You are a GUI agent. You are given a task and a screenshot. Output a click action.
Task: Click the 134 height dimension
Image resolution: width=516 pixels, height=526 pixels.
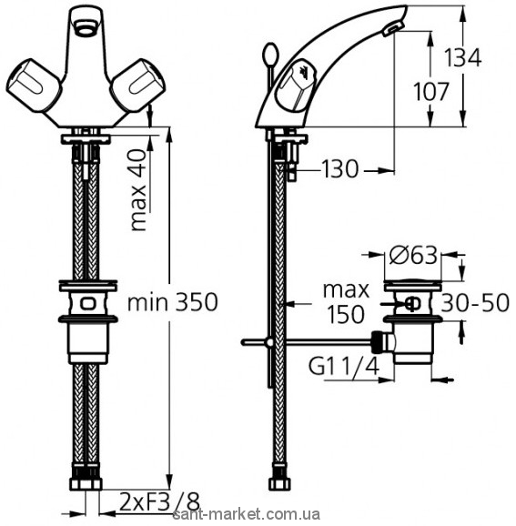pos(463,57)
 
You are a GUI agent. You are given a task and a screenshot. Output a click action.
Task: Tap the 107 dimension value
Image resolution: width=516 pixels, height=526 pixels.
pos(430,91)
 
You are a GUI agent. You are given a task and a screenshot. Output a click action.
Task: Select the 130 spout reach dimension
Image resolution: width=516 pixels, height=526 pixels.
pos(339,168)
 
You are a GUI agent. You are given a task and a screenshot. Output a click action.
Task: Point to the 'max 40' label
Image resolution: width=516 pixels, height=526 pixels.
pos(139,190)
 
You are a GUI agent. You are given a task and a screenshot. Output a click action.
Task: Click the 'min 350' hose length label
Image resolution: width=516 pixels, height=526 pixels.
pos(172,302)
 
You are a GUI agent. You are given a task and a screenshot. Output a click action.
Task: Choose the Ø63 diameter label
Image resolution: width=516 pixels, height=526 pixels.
pos(413,256)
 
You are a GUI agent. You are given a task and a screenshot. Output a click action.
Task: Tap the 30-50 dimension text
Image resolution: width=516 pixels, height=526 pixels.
pos(475,303)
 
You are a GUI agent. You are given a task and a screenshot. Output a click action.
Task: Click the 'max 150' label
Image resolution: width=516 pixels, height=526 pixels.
pos(346,302)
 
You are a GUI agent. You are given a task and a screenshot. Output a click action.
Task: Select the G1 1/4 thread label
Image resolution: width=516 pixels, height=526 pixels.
pos(344,367)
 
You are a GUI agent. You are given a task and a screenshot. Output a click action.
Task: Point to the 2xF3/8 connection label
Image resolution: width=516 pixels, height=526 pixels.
pos(159,502)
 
